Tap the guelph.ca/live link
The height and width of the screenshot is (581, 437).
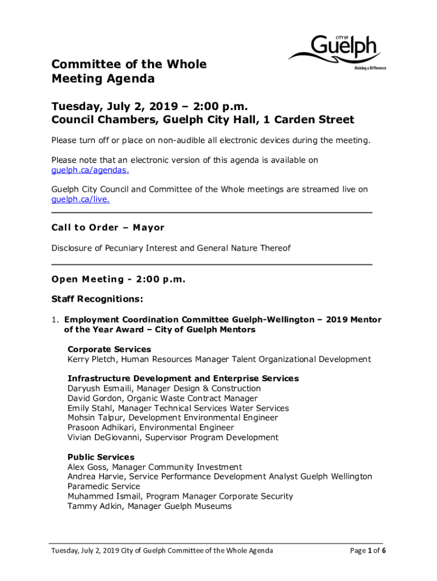(81, 200)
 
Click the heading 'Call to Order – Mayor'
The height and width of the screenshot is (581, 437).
(108, 228)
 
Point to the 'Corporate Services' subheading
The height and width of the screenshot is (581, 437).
(109, 350)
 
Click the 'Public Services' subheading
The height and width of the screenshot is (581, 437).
(101, 457)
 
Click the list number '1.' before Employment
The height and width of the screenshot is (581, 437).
(55, 320)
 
